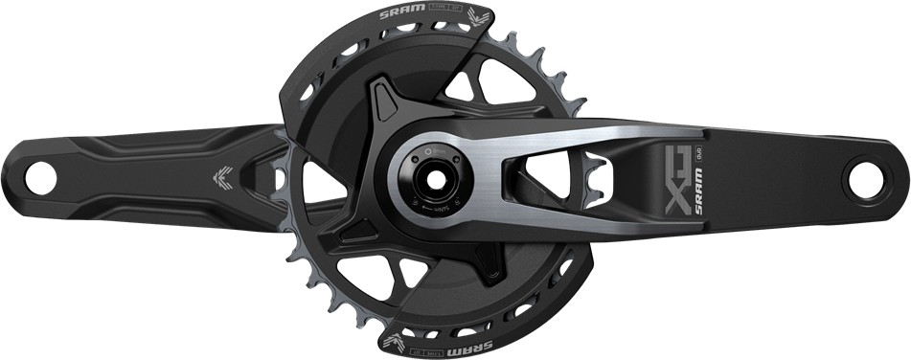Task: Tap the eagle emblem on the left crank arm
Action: pyautogui.click(x=219, y=174)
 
